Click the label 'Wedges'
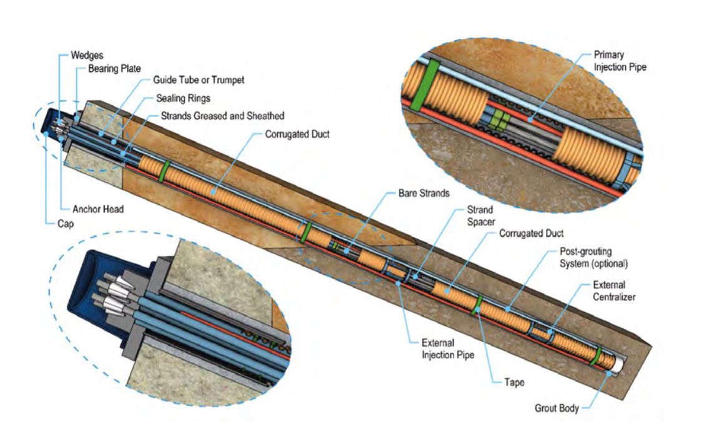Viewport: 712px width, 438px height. point(87,55)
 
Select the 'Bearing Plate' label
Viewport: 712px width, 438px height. point(114,69)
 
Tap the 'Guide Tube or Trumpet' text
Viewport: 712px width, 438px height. point(198,80)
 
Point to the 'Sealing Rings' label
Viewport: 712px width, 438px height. point(183,98)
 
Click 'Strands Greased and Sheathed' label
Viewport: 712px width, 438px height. point(223,116)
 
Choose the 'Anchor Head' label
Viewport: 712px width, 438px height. point(98,209)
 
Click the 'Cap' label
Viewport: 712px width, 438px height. point(66,224)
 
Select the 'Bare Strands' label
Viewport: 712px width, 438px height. point(424,193)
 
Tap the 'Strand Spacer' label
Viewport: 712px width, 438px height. point(480,216)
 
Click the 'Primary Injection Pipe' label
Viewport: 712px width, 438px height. point(620,61)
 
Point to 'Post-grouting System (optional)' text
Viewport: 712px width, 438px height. point(593,257)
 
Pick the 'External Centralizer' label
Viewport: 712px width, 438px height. point(614,291)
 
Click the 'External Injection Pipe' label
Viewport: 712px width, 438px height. point(447,349)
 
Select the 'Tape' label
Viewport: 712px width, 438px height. point(514,382)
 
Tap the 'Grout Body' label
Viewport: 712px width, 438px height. point(556,408)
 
